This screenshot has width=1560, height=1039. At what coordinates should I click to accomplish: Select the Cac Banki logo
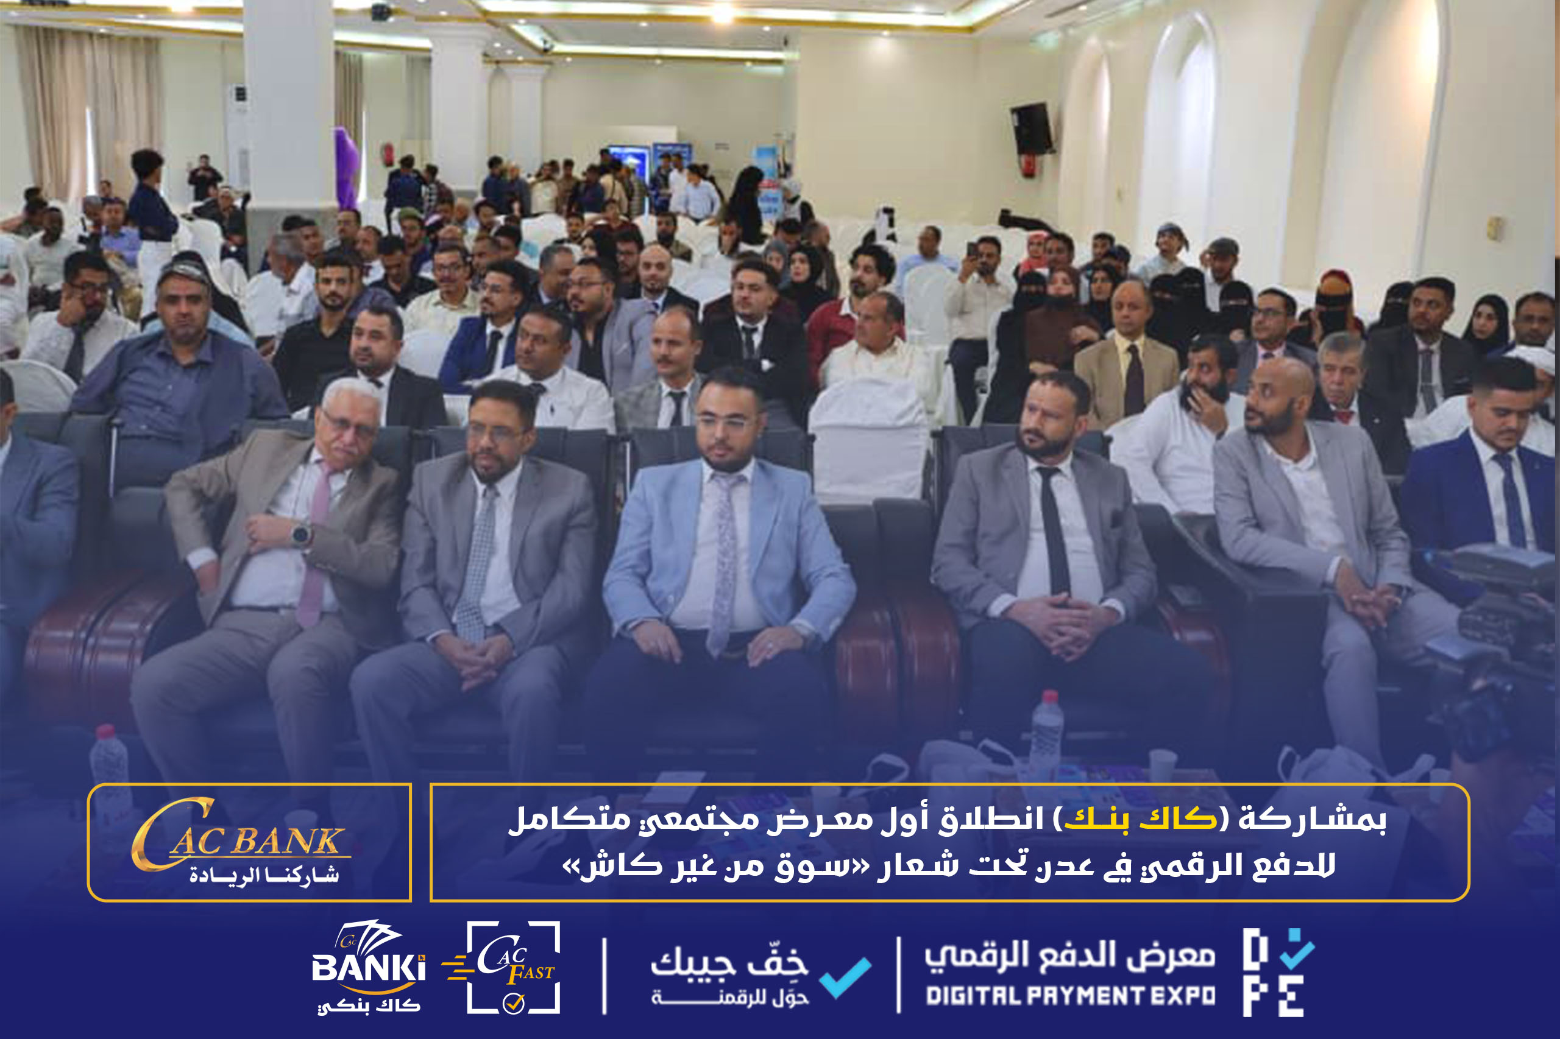368,967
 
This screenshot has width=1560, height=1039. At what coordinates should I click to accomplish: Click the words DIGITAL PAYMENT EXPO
1070,996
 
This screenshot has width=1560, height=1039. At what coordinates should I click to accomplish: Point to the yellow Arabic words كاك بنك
1141,819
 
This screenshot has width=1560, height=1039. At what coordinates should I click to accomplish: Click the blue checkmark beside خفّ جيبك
845,977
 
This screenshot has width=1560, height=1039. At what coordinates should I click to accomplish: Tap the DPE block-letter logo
1278,972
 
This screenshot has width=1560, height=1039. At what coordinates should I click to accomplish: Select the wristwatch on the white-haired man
301,534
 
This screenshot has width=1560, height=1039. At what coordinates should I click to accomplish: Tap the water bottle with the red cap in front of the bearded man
1046,733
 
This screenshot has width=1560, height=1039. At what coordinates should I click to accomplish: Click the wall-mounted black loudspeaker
1031,129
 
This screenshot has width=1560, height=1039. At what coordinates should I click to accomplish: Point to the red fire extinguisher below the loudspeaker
1028,164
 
